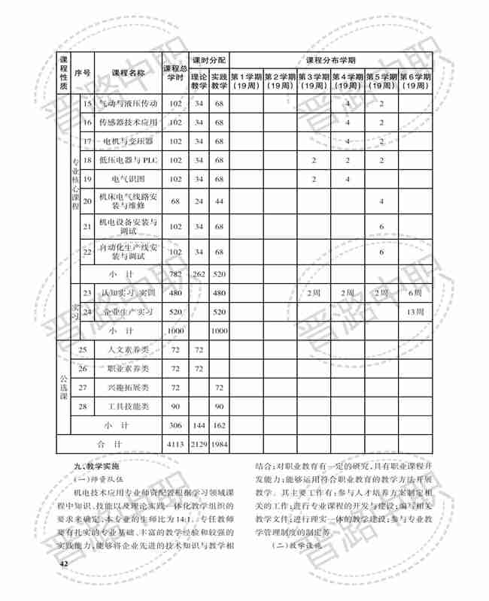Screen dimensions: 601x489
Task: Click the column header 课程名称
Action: (x=129, y=73)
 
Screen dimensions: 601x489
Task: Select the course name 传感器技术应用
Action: (x=129, y=122)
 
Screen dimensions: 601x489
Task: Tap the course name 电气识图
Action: (x=129, y=179)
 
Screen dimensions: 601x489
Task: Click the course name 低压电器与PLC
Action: (x=129, y=160)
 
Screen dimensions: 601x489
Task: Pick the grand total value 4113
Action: (x=175, y=444)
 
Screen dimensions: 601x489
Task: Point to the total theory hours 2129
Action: (x=199, y=444)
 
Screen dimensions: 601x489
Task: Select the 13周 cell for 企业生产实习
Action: (x=415, y=311)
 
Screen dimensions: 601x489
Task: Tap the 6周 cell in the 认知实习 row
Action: (x=415, y=292)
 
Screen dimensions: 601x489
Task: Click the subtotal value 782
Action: (x=175, y=273)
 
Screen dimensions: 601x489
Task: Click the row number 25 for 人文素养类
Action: (x=84, y=349)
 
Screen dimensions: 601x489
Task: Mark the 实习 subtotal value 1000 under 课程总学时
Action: (x=175, y=331)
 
